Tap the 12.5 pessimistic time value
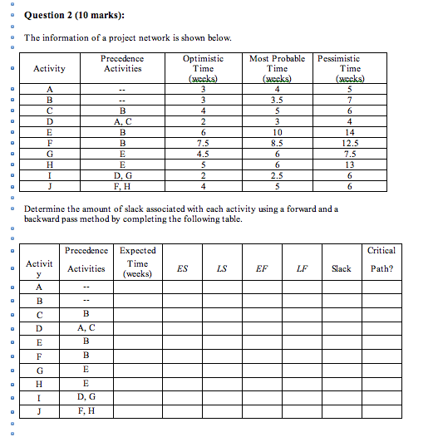[x=350, y=143]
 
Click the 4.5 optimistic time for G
[x=203, y=154]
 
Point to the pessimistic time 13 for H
[x=350, y=164]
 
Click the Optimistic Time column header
[x=203, y=69]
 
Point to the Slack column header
[x=342, y=268]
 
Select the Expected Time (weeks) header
[x=137, y=262]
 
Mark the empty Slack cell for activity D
[x=342, y=328]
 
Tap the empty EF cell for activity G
[x=263, y=369]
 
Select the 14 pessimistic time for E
[x=350, y=132]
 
